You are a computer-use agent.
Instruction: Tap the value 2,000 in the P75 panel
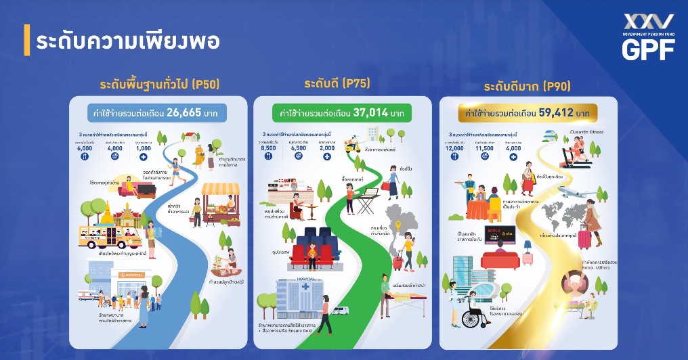(x=326, y=148)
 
